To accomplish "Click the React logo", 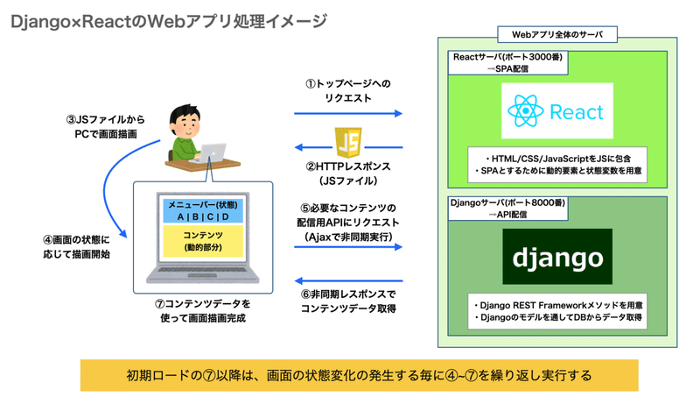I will [x=559, y=113].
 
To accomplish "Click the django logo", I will [x=557, y=259].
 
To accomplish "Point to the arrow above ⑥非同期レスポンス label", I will [x=347, y=277].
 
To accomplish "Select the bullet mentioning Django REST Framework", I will [x=556, y=305].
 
